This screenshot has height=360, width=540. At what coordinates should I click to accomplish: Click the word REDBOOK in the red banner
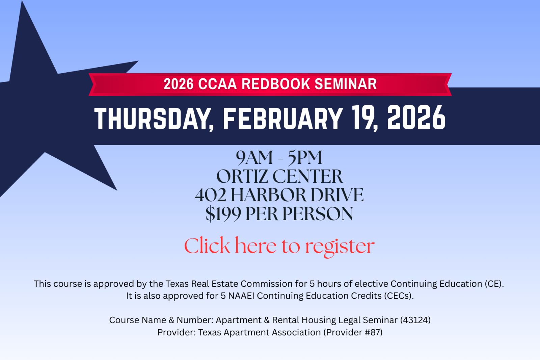point(275,84)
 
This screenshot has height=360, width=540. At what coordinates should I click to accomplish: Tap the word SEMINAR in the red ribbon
point(346,84)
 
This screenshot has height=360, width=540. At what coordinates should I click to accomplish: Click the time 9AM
point(254,158)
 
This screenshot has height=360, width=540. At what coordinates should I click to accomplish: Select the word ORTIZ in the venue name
point(242,176)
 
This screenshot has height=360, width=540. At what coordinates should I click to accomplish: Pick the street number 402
point(211,195)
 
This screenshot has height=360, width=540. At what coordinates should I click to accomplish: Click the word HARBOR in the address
point(268,195)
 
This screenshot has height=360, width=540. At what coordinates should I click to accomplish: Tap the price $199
point(223,214)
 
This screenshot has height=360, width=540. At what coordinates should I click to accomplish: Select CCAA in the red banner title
point(217,84)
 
